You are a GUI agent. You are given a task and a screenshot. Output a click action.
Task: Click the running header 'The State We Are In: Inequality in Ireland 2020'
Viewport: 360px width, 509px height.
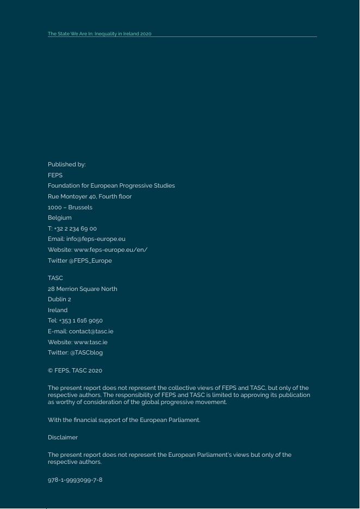[100, 34]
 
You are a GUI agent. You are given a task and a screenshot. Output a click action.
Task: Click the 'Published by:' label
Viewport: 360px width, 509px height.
[66, 164]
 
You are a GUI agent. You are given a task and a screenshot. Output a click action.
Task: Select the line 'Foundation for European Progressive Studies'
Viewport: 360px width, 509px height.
[111, 185]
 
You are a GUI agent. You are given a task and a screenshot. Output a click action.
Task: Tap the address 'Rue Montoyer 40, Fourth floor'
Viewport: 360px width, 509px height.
[90, 196]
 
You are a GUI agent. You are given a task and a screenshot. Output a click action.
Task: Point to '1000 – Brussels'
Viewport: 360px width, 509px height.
[70, 207]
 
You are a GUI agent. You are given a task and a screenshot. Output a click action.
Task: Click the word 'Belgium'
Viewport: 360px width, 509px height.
[59, 218]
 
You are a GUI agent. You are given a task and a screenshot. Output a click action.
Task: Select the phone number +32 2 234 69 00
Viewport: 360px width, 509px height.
[76, 228]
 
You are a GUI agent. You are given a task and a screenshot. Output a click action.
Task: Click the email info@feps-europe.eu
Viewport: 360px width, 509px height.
[96, 239]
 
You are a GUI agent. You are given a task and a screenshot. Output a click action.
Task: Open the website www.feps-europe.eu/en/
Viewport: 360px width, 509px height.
[110, 250]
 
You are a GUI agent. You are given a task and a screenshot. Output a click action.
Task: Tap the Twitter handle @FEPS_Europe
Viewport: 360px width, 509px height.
[90, 260]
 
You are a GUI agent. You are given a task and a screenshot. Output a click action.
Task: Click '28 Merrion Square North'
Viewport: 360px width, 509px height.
[82, 289]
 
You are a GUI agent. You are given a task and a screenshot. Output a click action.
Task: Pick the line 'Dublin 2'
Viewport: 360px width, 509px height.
[59, 299]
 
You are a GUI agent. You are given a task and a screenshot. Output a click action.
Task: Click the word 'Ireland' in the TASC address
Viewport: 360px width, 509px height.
[58, 310]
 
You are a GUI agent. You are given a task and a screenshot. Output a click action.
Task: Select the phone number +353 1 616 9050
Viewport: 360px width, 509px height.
[81, 320]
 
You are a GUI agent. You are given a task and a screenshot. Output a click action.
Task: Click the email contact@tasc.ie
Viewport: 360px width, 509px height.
[91, 331]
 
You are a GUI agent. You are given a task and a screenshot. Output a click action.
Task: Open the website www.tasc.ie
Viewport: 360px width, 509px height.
[90, 342]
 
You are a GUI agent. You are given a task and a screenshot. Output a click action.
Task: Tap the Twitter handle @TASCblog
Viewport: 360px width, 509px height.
[86, 352]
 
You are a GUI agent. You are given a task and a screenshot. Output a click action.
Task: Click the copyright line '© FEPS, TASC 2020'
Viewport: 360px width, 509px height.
[75, 370]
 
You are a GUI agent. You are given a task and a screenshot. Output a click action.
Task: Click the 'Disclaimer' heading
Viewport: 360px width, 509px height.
[63, 437]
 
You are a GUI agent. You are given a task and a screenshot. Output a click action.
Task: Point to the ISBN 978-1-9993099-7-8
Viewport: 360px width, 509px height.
[75, 480]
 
